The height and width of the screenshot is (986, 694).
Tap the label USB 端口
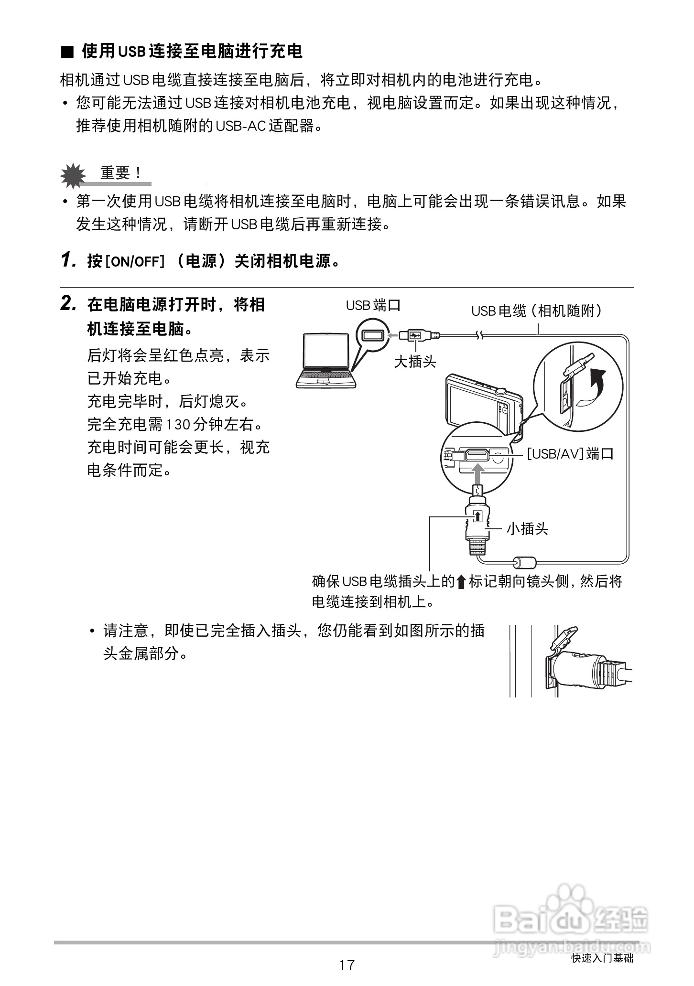pyautogui.click(x=373, y=305)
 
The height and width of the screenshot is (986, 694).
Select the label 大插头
pyautogui.click(x=415, y=362)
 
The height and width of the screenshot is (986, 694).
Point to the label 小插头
pyautogui.click(x=527, y=529)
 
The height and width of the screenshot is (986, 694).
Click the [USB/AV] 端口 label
pyautogui.click(x=570, y=453)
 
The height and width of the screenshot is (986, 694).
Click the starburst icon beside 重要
pyautogui.click(x=73, y=176)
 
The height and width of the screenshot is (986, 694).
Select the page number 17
pyautogui.click(x=347, y=965)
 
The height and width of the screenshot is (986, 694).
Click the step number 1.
pyautogui.click(x=68, y=260)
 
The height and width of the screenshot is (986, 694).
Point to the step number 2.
pyautogui.click(x=68, y=304)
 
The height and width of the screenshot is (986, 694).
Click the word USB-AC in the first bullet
pyautogui.click(x=240, y=126)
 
